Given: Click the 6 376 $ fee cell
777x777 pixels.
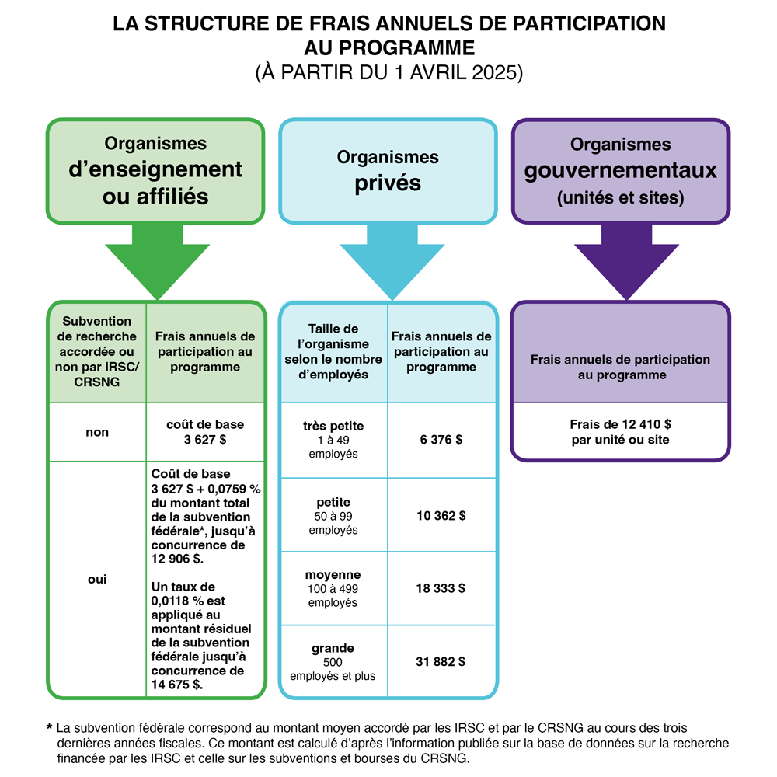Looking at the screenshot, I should (441, 440).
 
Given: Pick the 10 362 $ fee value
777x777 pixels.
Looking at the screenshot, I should (441, 515).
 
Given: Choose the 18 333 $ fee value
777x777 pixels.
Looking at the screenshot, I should (441, 589).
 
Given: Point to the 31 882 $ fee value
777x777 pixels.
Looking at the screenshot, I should (441, 662).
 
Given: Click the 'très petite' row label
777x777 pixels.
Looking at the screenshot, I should (333, 427).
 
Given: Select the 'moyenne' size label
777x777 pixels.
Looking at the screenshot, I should (333, 575).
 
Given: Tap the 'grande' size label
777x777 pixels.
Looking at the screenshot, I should (333, 648).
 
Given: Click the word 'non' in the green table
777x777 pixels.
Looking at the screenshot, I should (97, 433).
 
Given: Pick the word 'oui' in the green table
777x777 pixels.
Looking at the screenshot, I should (97, 580).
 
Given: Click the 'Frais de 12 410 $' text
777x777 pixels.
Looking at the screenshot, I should (620, 426).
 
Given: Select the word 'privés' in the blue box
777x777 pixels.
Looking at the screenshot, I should (388, 183).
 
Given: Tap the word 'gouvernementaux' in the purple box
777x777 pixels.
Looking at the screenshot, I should (620, 170).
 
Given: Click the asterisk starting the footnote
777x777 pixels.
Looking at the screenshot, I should (50, 729).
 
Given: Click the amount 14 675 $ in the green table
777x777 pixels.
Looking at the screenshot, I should (177, 685).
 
